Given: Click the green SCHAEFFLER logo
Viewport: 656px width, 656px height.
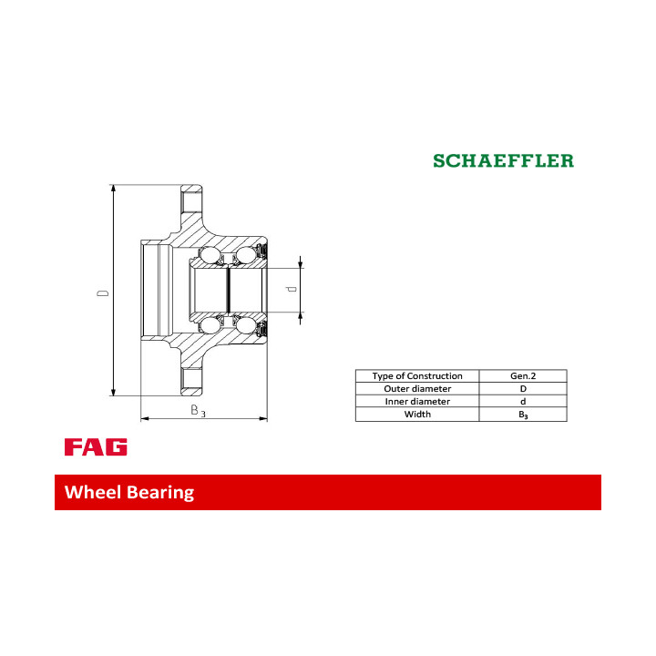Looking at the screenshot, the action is (503, 160).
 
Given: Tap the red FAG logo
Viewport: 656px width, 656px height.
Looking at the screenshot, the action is (96, 446).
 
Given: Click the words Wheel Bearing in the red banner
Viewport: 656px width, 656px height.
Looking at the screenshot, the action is (129, 492).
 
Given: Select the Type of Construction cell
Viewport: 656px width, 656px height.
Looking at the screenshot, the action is (417, 375).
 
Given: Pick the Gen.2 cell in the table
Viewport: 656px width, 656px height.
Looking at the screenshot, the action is (523, 375).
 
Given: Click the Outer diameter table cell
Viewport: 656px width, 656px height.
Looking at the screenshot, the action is (417, 389).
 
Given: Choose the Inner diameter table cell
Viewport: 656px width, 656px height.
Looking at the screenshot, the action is (417, 401).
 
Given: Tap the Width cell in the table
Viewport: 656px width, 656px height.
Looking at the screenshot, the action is (417, 415).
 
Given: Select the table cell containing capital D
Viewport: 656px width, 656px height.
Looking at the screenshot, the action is (523, 389).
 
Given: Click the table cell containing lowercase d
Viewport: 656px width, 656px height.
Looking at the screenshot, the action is (523, 401).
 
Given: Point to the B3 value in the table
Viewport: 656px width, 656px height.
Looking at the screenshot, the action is (523, 415).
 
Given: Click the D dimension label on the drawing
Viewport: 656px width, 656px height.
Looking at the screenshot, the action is (102, 292).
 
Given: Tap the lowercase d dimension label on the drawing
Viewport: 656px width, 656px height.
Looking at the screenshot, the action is (292, 289).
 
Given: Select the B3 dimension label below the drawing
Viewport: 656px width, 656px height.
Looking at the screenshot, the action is (198, 410).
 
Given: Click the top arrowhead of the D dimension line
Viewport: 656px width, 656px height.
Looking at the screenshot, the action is (113, 190).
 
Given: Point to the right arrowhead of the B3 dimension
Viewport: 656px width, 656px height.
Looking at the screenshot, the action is (263, 418).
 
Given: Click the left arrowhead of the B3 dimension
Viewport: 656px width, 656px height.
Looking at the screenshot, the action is (145, 418).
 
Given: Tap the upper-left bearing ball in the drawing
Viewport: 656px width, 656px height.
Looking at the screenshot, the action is (209, 255).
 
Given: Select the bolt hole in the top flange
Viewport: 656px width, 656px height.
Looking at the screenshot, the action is (191, 203).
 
